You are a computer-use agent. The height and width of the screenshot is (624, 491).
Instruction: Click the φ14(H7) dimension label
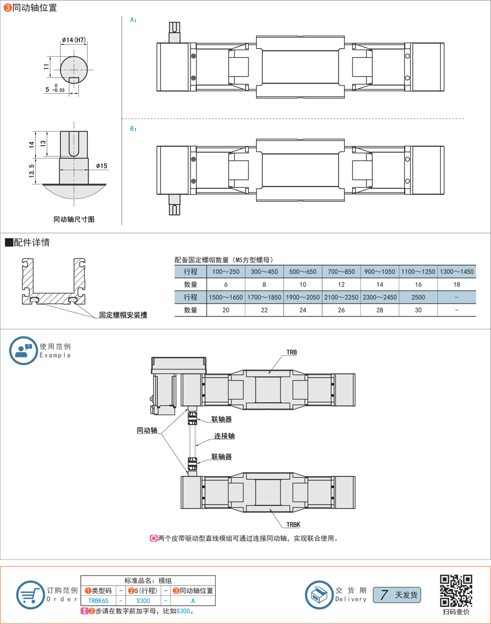tap(74, 40)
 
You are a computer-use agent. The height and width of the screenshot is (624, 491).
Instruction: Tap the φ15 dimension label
tap(101, 166)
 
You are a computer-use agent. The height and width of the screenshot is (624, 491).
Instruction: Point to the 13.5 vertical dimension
tap(32, 171)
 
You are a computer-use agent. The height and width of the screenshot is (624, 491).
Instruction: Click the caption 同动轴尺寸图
tap(74, 220)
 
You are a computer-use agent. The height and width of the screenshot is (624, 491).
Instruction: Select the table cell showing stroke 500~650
tap(303, 272)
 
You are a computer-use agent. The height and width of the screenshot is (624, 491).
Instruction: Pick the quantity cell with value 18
tap(457, 285)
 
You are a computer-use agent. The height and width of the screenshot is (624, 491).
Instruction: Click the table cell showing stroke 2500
tap(418, 297)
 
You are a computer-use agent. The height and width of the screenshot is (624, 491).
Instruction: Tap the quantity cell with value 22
tap(264, 310)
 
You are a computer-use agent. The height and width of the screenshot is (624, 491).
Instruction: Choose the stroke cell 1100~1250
tap(418, 272)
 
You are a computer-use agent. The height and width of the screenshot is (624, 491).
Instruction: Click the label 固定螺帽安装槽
tap(123, 315)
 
